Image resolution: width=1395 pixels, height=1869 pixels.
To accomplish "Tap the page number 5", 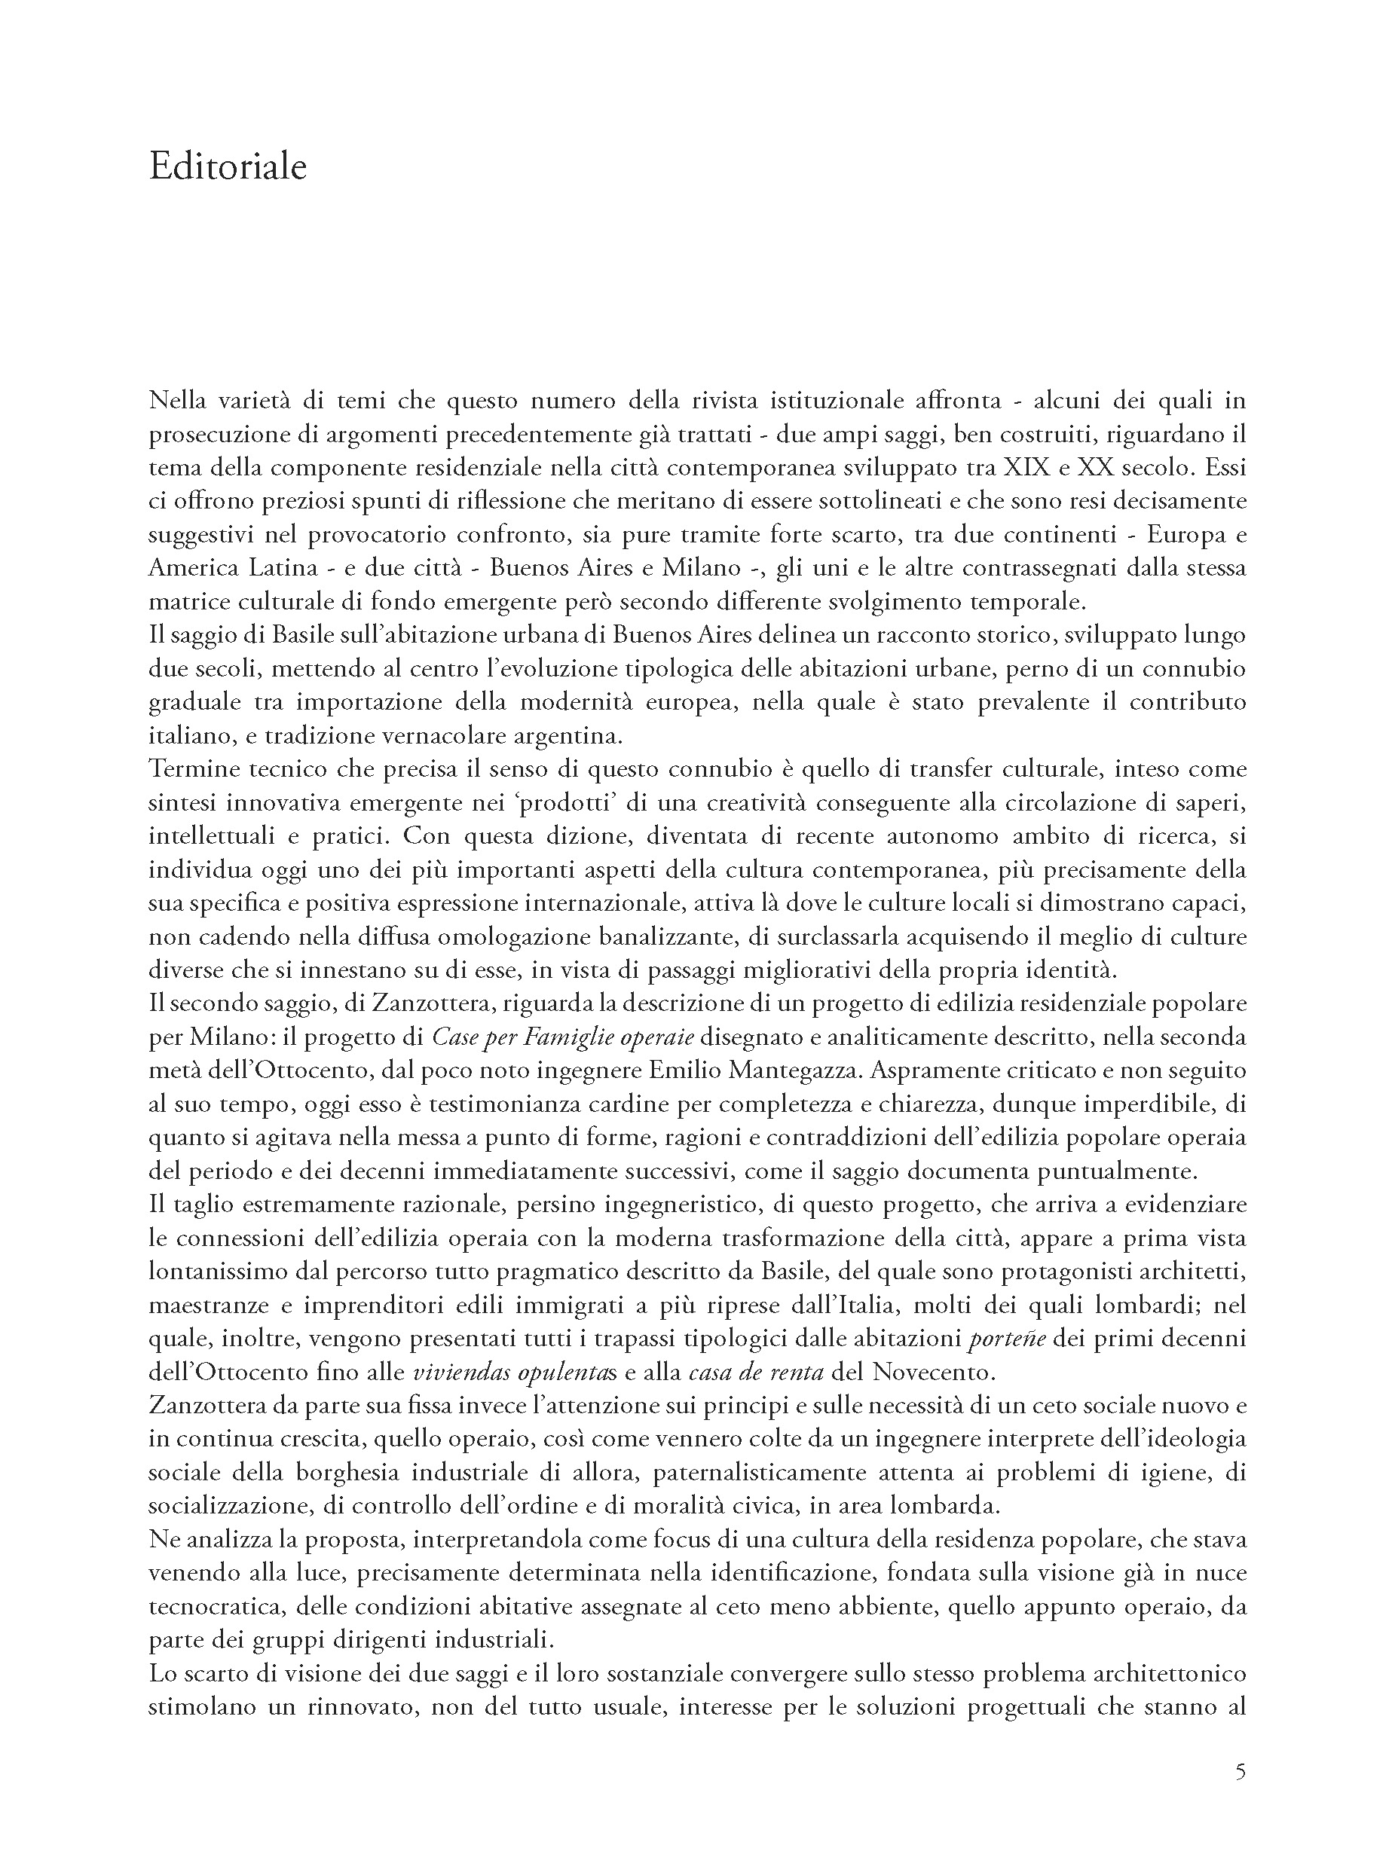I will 1240,1771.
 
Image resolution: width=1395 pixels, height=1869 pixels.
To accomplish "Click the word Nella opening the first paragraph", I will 176,400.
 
